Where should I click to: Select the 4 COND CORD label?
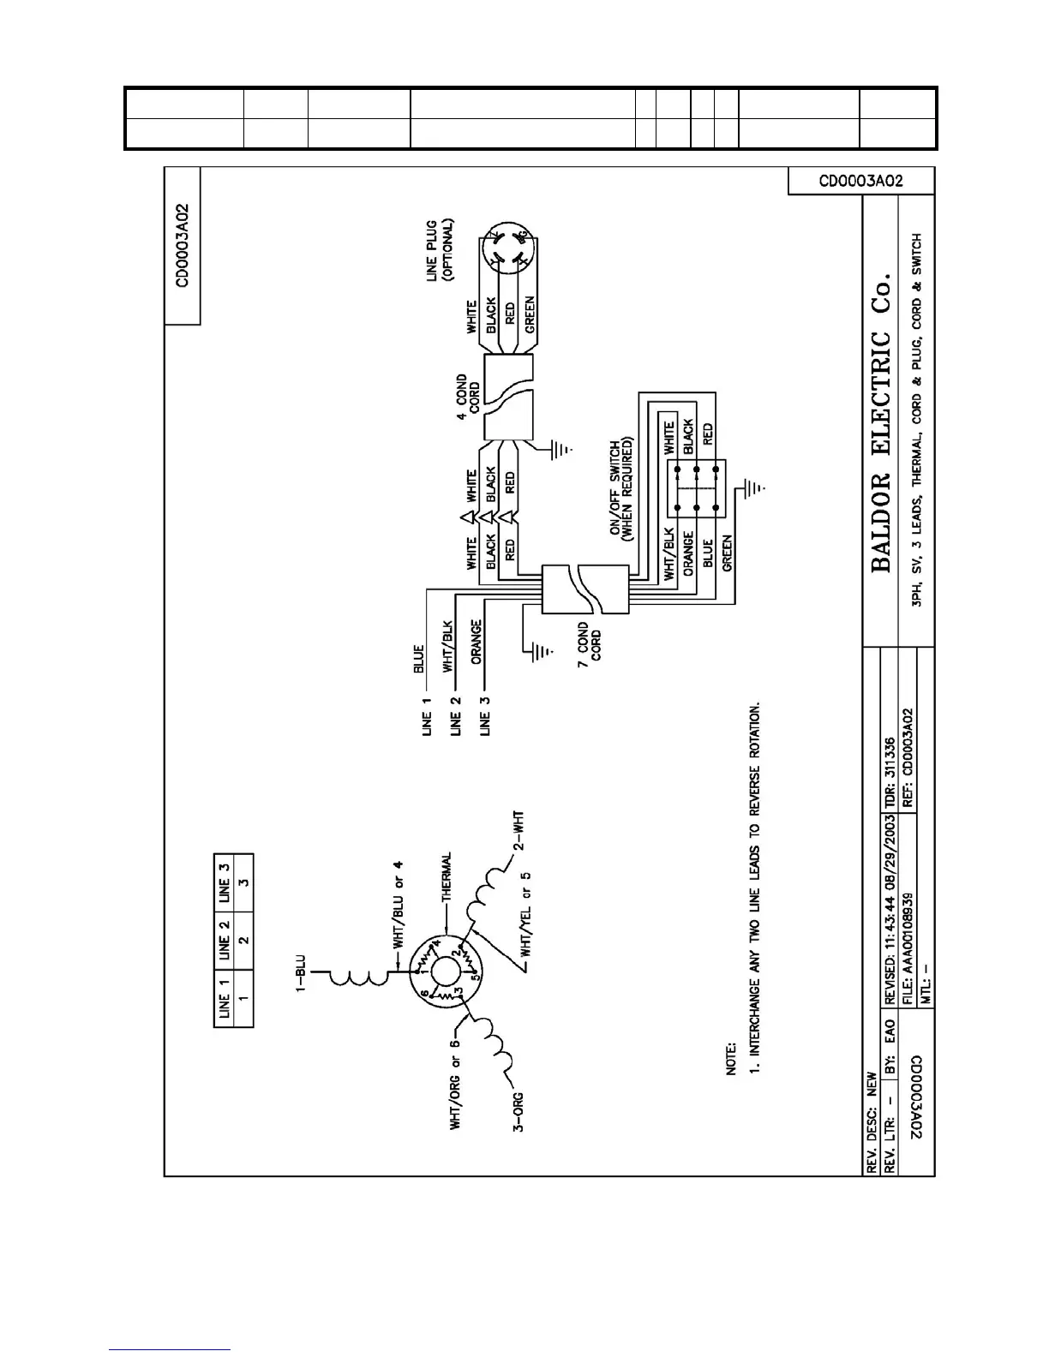468,397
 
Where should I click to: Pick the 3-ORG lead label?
519,1111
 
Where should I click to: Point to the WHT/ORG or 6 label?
456,1084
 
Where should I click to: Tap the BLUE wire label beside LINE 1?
419,660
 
